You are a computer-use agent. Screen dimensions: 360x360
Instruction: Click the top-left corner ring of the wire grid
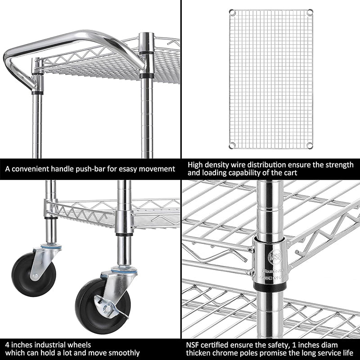coord(232,12)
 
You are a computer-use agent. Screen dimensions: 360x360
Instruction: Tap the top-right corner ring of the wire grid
coord(310,12)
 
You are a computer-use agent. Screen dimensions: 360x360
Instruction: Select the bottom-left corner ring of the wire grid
coord(232,144)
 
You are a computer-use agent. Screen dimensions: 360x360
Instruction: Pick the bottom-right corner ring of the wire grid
coord(310,144)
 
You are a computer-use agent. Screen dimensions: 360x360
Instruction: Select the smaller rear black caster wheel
coord(34,274)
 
